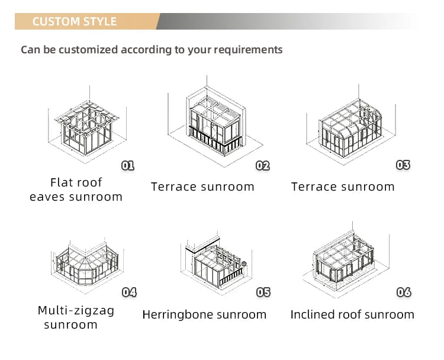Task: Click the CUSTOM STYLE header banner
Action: (75, 22)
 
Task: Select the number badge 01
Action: (128, 165)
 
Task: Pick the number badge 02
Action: (263, 166)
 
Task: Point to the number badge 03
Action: (403, 165)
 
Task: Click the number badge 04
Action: (129, 292)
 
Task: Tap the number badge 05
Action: (263, 292)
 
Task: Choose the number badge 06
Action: (404, 292)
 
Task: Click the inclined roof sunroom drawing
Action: (349, 261)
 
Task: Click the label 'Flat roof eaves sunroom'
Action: (76, 189)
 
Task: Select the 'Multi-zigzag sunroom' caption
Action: (76, 317)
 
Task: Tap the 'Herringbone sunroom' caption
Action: (204, 315)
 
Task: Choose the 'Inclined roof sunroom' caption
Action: (352, 315)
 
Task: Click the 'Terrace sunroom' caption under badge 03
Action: (343, 187)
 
